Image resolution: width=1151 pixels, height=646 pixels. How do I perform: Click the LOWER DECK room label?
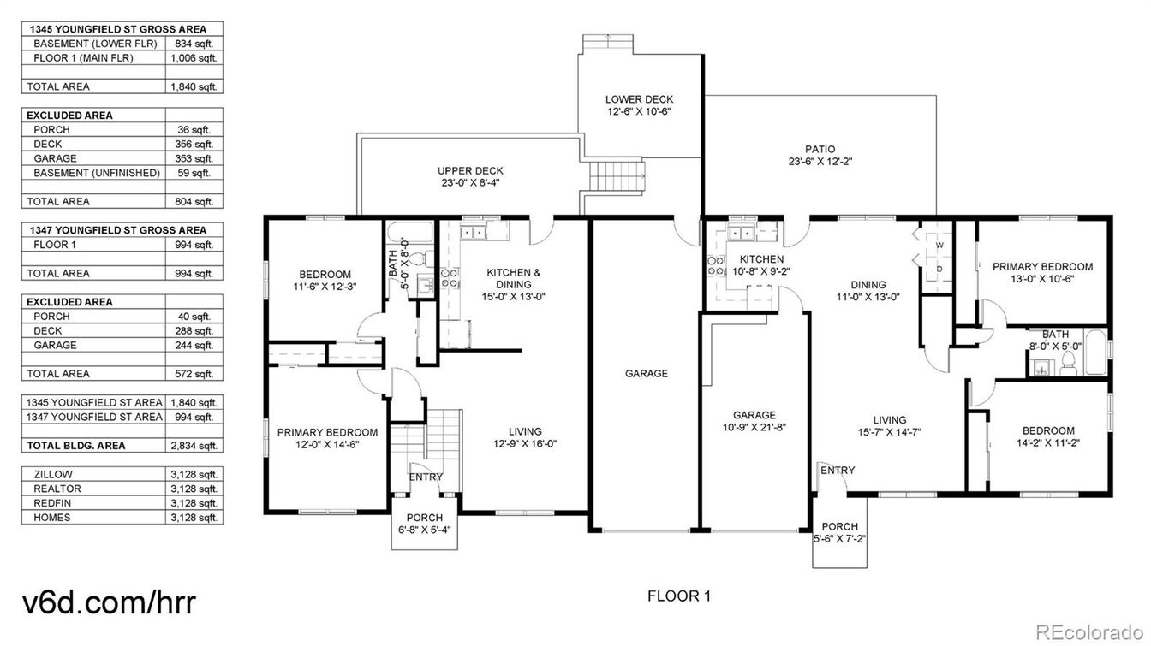pyautogui.click(x=639, y=99)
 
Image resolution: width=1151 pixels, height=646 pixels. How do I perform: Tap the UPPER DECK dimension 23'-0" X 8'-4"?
pyautogui.click(x=470, y=183)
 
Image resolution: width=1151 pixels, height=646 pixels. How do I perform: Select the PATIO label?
pyautogui.click(x=820, y=149)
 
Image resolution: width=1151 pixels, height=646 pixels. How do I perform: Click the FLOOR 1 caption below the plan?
pyautogui.click(x=677, y=596)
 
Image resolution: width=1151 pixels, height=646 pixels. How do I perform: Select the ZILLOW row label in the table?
pyautogui.click(x=53, y=474)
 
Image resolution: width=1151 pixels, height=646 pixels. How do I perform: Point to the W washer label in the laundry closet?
pyautogui.click(x=939, y=245)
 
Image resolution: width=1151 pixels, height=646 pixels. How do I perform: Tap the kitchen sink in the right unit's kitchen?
pyautogui.click(x=739, y=232)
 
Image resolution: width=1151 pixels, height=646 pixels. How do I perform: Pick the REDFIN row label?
pyautogui.click(x=53, y=503)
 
